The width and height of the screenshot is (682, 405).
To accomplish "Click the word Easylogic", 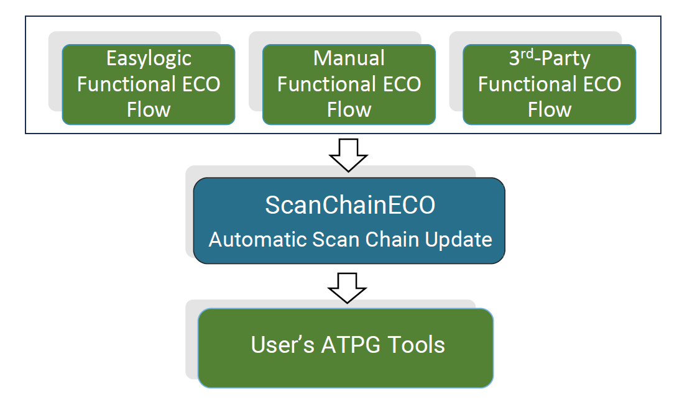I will [x=149, y=58].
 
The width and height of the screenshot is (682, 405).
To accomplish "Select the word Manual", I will [x=349, y=58].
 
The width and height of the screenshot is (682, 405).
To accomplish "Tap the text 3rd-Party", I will [x=550, y=58].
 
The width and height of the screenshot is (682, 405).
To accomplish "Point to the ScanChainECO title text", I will [x=349, y=205].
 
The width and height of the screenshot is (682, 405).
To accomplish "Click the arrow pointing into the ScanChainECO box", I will [x=348, y=155].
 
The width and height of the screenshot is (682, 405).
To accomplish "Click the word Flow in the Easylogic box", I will [x=149, y=110].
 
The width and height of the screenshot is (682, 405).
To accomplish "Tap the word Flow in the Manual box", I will [x=349, y=110].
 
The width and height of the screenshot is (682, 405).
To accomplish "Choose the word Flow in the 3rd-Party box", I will [x=550, y=110].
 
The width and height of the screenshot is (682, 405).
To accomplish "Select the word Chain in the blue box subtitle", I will [x=384, y=239].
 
